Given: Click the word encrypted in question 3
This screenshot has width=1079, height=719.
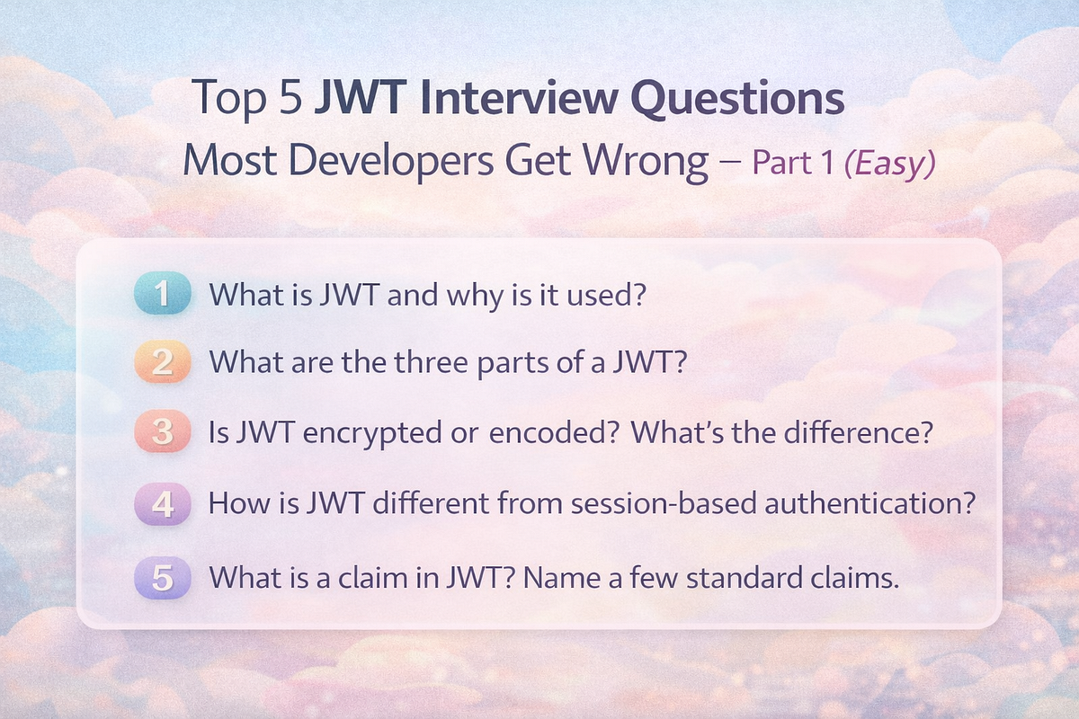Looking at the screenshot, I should tap(364, 431).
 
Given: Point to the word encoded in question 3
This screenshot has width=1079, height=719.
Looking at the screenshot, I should tap(534, 431).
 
